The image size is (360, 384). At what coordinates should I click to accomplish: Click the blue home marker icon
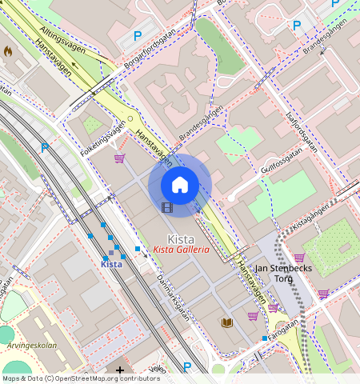pyautogui.click(x=180, y=185)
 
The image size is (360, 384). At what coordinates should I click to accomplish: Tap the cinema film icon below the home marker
pyautogui.click(x=166, y=208)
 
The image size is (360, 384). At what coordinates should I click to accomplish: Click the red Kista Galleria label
pyautogui.click(x=181, y=250)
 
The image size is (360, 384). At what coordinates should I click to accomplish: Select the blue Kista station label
pyautogui.click(x=111, y=264)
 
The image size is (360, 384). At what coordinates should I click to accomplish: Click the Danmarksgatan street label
pyautogui.click(x=174, y=297)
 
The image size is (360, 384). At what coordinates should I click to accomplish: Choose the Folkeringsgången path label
pyautogui.click(x=103, y=138)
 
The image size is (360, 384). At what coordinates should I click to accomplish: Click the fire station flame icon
pyautogui.click(x=8, y=50)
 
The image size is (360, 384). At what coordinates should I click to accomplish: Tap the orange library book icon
pyautogui.click(x=227, y=322)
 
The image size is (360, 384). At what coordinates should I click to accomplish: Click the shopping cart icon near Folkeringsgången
pyautogui.click(x=120, y=158)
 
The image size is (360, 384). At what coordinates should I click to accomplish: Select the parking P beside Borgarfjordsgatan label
pyautogui.click(x=137, y=36)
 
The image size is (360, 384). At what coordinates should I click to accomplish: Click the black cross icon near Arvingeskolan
pyautogui.click(x=120, y=370)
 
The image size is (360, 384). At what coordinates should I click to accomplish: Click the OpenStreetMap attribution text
pyautogui.click(x=81, y=378)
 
